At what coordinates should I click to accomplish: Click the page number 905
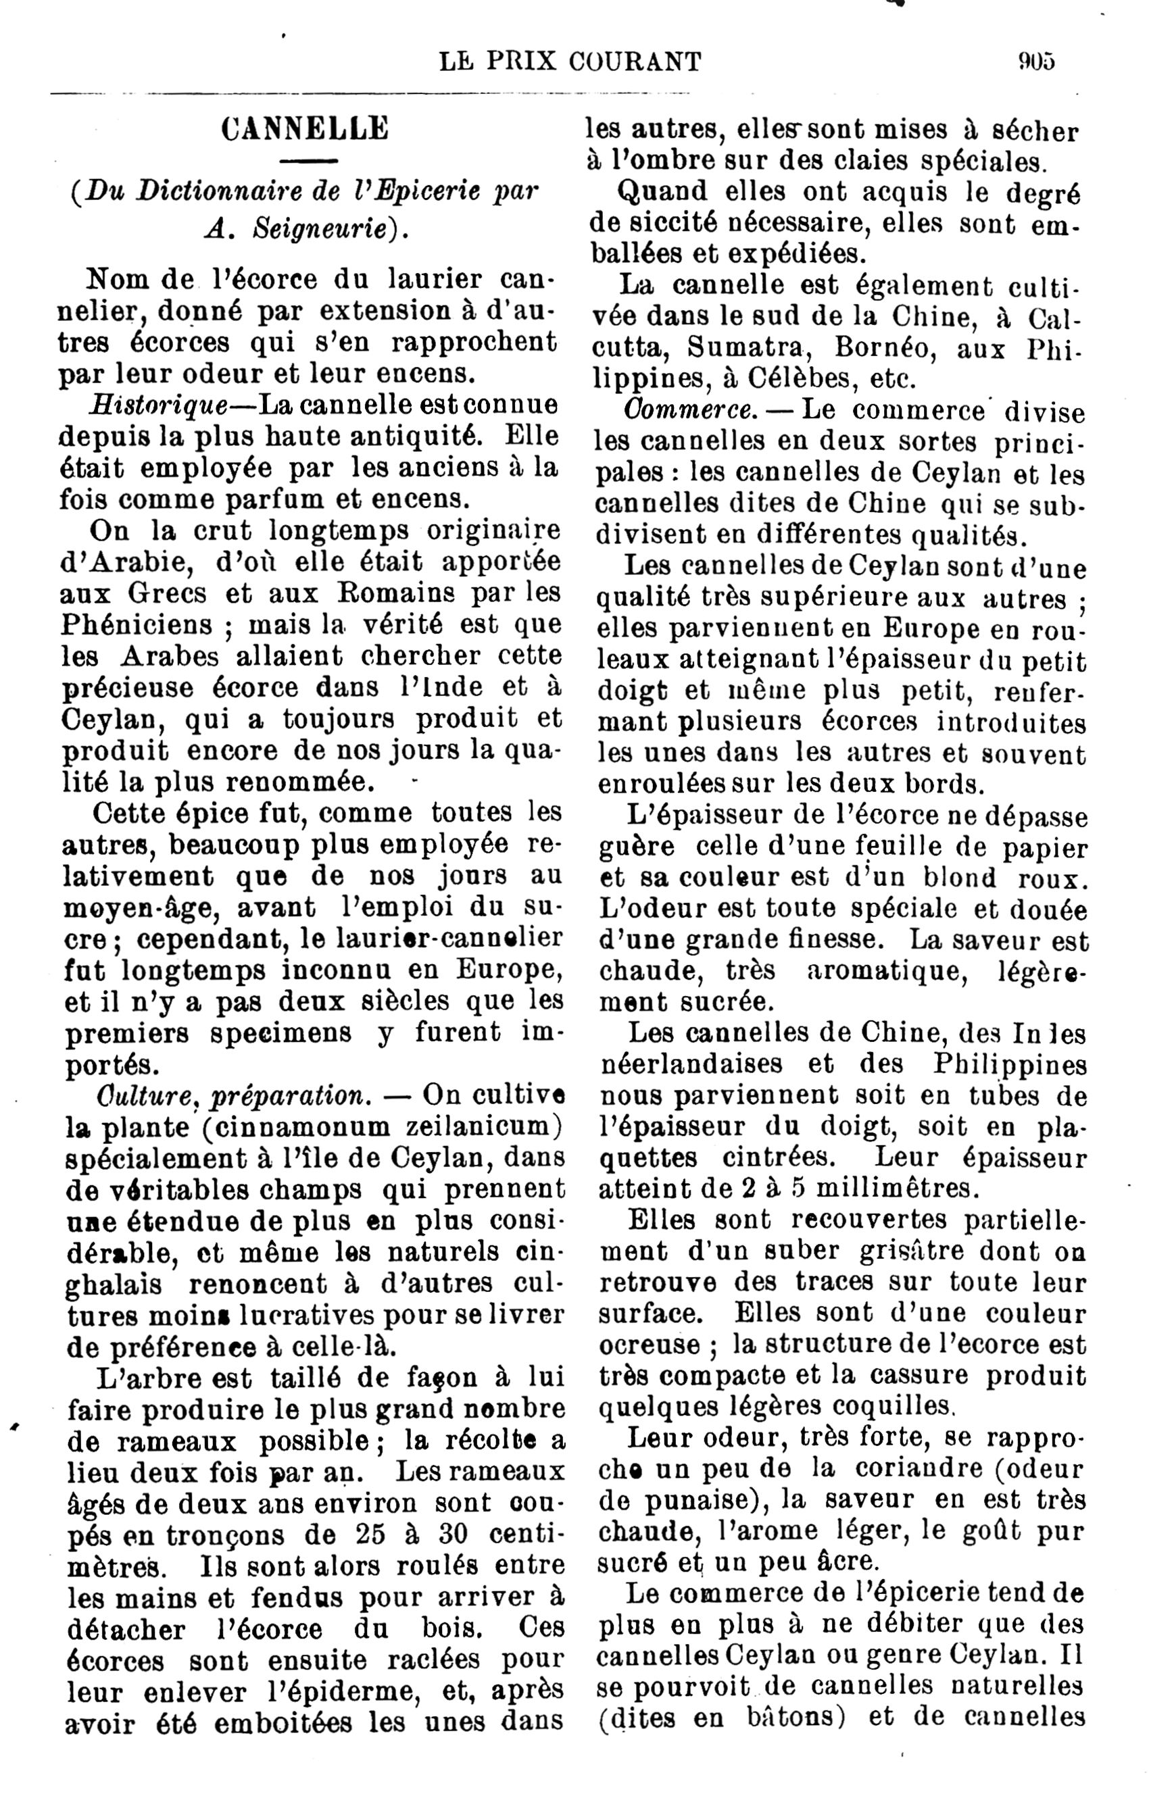[x=1035, y=60]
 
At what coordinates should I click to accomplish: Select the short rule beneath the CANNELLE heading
[x=308, y=161]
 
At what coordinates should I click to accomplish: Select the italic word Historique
[x=158, y=405]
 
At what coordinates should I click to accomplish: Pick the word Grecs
[x=166, y=593]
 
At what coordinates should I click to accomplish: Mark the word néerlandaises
[x=691, y=1064]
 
